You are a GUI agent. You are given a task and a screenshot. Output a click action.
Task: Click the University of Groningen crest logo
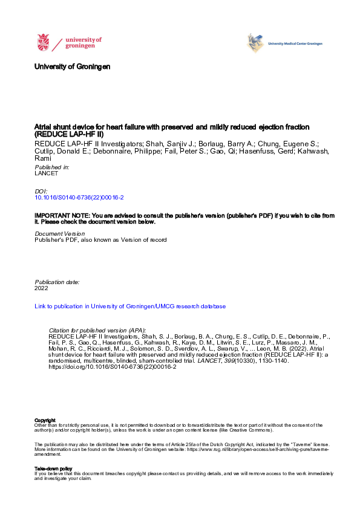[44, 42]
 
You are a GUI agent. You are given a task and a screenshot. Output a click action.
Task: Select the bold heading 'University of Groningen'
[73, 66]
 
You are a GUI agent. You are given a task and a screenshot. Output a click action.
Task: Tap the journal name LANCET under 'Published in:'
[47, 172]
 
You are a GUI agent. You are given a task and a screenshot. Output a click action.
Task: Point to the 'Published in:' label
[52, 166]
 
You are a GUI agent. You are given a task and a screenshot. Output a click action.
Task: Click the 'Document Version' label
[59, 233]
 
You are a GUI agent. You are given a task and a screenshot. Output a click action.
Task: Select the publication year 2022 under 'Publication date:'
[41, 288]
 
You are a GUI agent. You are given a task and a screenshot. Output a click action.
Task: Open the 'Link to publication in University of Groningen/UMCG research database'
[130, 306]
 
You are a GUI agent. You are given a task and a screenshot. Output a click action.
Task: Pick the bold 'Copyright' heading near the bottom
[45, 420]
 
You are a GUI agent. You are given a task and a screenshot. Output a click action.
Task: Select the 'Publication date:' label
[57, 282]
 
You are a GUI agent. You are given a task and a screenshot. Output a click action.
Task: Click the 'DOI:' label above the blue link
[41, 191]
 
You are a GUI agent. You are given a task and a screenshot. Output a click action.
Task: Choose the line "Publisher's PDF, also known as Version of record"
[100, 239]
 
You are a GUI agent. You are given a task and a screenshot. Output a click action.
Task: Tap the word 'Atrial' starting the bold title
[44, 127]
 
